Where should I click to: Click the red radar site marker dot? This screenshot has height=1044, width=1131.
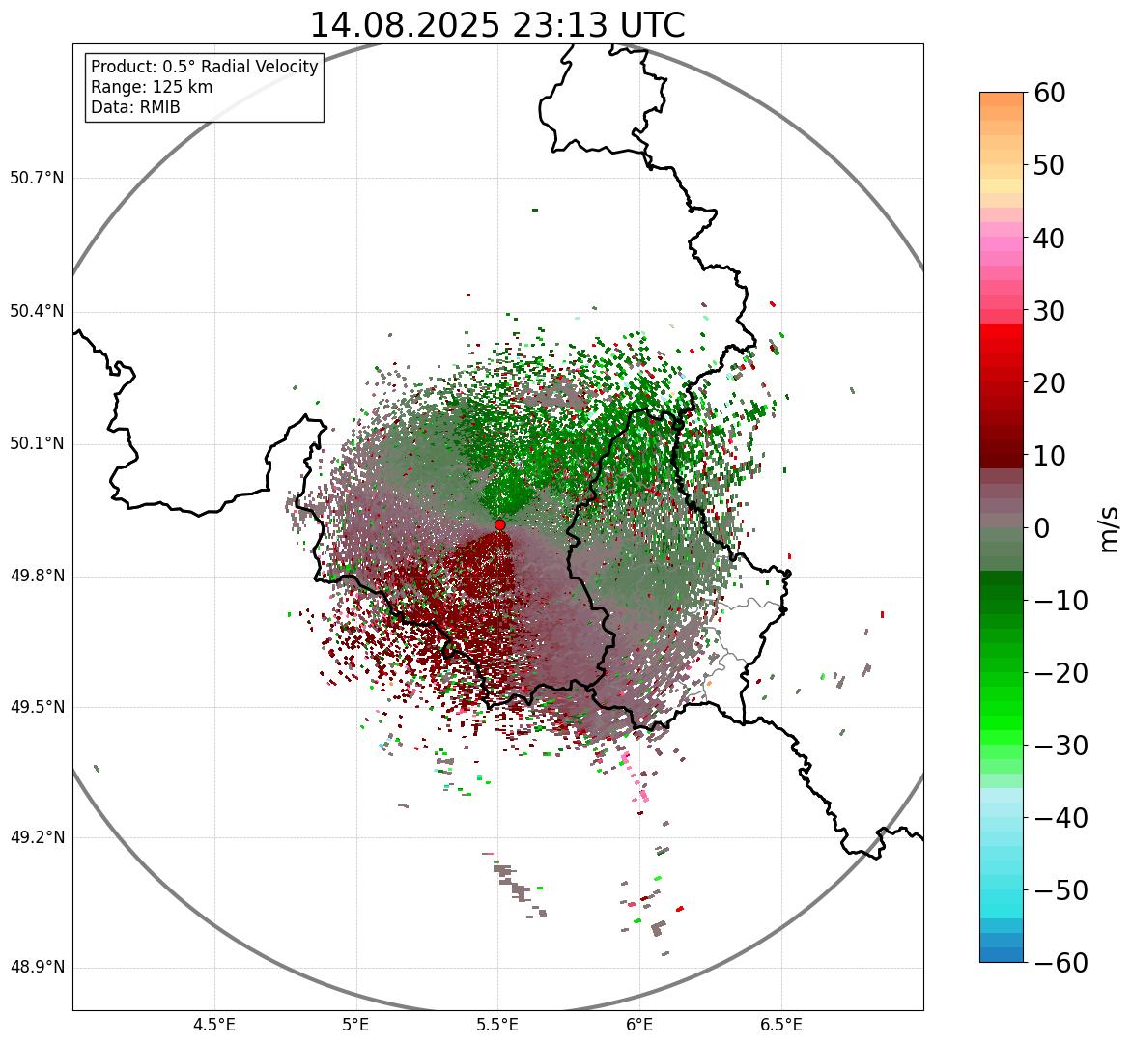point(500,524)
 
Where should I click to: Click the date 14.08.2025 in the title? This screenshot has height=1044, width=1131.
point(405,25)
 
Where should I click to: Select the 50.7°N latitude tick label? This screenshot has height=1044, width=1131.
point(36,178)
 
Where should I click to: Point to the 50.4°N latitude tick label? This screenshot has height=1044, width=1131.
point(36,311)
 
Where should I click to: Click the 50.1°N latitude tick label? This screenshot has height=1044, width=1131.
point(36,444)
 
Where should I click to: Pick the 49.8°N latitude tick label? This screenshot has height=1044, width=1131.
point(36,577)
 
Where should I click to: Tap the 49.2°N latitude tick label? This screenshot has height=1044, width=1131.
point(36,837)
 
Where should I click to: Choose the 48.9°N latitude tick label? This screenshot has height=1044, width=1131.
point(36,968)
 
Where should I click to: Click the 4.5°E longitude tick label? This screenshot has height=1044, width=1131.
point(214,1025)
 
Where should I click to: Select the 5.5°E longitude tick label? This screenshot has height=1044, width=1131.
point(497,1025)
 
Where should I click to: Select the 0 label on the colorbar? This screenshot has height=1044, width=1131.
point(1042,528)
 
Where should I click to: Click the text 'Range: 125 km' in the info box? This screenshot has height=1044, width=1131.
point(152,87)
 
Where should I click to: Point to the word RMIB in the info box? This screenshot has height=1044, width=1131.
point(158,107)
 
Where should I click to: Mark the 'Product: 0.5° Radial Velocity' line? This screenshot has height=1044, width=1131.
point(204,67)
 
